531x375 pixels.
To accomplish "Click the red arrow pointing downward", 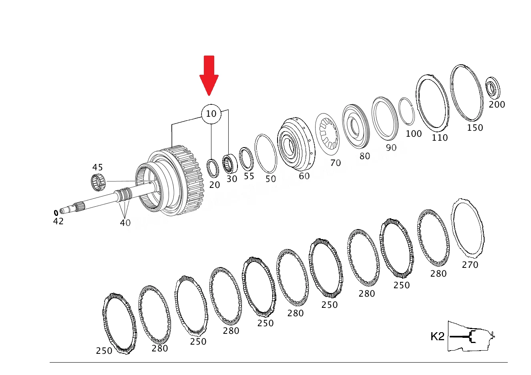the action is [x=209, y=76].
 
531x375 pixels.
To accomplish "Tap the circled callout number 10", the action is [x=211, y=114].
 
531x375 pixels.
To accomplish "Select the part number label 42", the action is [x=58, y=221].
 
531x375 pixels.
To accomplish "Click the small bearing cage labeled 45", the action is [x=98, y=182].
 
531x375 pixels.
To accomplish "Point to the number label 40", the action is [x=125, y=223].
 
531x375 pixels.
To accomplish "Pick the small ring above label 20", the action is [x=213, y=168].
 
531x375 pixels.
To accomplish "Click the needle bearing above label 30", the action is [x=230, y=164].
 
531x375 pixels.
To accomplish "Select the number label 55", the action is [x=249, y=176].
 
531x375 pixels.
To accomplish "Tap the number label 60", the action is [x=304, y=176].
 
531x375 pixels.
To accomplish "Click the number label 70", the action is [x=336, y=163].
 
